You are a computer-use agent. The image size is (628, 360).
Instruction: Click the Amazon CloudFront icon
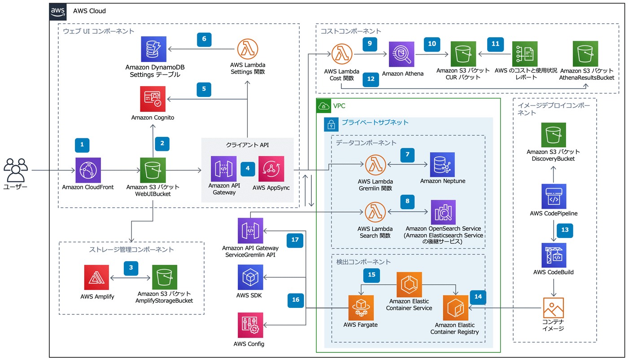pos(88,170)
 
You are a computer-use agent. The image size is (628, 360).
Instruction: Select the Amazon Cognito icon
pos(153,99)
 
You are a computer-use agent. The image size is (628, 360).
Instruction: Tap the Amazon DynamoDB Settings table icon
pos(153,49)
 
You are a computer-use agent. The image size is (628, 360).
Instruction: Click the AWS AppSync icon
pos(271,169)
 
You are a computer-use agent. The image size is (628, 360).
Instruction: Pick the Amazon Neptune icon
pos(442,165)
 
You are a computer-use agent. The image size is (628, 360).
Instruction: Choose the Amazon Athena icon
pos(401,54)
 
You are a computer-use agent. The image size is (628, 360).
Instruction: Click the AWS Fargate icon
pos(361,308)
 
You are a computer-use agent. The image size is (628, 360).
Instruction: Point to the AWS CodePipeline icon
pos(554,197)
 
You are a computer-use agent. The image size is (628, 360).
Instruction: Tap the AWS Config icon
pos(250,325)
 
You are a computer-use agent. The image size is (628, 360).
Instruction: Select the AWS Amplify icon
pos(96,277)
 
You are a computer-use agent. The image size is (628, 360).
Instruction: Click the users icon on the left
pos(16,170)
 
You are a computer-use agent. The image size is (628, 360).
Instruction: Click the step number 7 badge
pos(407,155)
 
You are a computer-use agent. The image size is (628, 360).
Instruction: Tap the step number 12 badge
pos(371,79)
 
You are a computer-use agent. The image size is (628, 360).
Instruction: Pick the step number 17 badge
pos(295,240)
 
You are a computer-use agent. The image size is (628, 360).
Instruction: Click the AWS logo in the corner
pos(58,12)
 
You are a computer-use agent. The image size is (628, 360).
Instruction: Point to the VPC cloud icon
pos(324,106)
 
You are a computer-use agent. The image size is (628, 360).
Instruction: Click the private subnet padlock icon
pos(331,124)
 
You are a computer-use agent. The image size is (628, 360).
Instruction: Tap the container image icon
pos(554,308)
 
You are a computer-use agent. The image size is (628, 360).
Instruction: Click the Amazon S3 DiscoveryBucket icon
pos(554,135)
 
